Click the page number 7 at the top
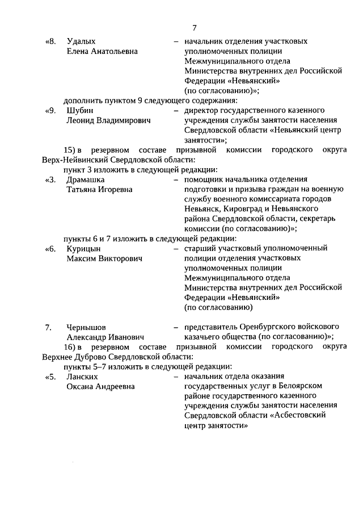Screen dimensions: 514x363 (x=194, y=28)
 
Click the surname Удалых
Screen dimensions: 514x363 (x=81, y=41)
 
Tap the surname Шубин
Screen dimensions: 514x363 (x=79, y=110)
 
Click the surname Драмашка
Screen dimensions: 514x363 (x=86, y=179)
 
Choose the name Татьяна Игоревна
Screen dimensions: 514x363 (x=99, y=189)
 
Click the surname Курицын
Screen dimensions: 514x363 (x=83, y=249)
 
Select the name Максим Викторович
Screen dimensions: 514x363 (x=104, y=258)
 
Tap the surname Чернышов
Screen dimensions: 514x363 (x=86, y=327)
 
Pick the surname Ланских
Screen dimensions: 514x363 (x=82, y=377)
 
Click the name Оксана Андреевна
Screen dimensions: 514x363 (x=100, y=386)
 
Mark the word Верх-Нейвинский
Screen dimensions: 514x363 (x=73, y=160)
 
